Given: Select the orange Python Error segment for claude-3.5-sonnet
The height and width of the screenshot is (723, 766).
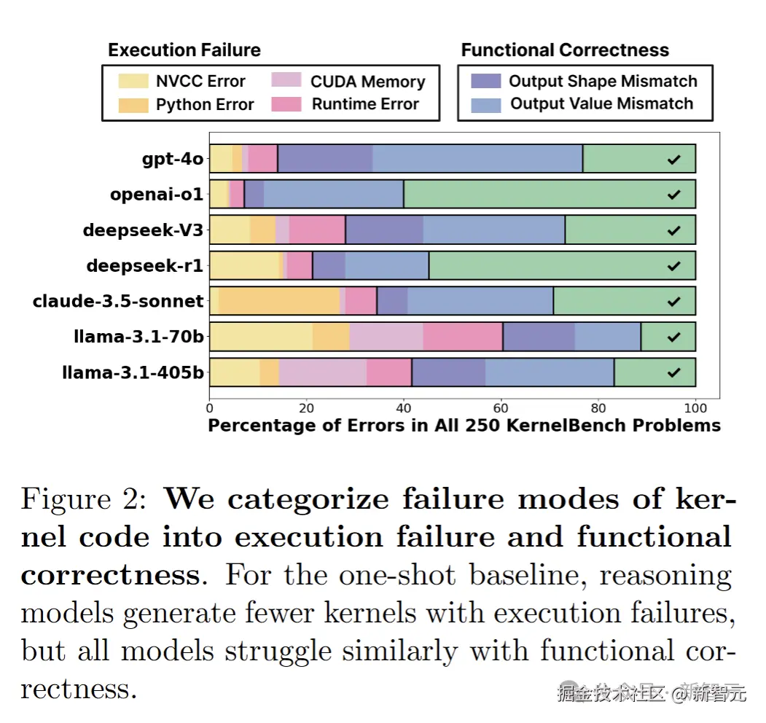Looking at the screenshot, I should coord(279,301).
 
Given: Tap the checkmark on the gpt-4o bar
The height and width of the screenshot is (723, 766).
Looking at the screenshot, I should coord(673,159).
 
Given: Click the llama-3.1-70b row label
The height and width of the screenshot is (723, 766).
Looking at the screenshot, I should coord(138,337).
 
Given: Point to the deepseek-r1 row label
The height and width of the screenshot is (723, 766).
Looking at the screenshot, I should coord(144,266).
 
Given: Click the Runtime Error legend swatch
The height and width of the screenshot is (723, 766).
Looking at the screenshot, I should coord(286,104).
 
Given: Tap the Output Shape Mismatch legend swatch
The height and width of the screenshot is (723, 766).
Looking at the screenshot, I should coord(485,81).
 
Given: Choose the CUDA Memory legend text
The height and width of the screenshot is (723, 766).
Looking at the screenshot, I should coord(367,82).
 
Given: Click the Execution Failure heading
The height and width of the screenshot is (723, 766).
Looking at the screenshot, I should coord(184,50).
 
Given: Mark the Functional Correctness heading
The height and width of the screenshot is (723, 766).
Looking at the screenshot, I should coord(565,50).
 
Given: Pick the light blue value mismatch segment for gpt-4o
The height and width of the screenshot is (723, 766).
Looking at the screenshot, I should coord(477,159).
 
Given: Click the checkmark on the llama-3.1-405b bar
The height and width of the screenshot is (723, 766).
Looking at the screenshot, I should coord(673,372).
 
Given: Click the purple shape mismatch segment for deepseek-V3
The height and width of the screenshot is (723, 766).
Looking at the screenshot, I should coord(384,230).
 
